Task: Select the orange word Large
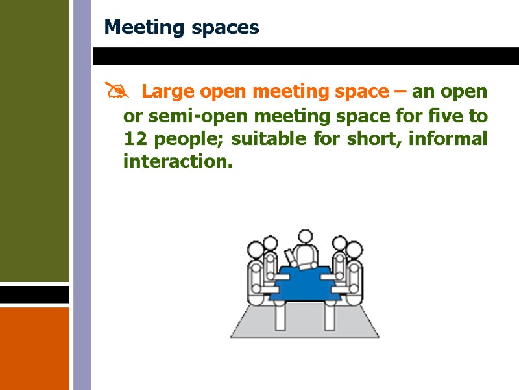point(165,92)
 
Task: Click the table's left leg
point(280,317)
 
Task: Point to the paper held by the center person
point(289,256)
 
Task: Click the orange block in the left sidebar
point(34,348)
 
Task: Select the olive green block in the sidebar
point(34,140)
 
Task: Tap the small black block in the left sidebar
point(34,294)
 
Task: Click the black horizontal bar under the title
point(305,56)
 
